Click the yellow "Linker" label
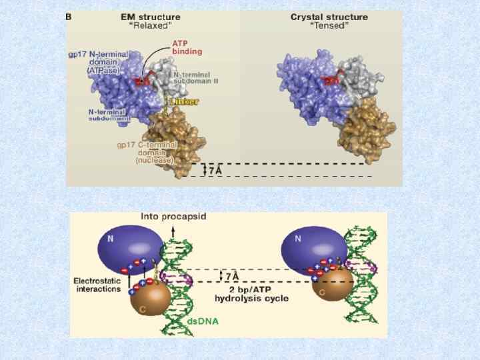[x=184, y=102]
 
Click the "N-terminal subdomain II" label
[x=196, y=77]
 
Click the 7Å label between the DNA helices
[x=231, y=275]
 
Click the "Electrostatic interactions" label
[x=97, y=285]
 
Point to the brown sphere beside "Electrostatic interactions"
[x=150, y=299]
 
